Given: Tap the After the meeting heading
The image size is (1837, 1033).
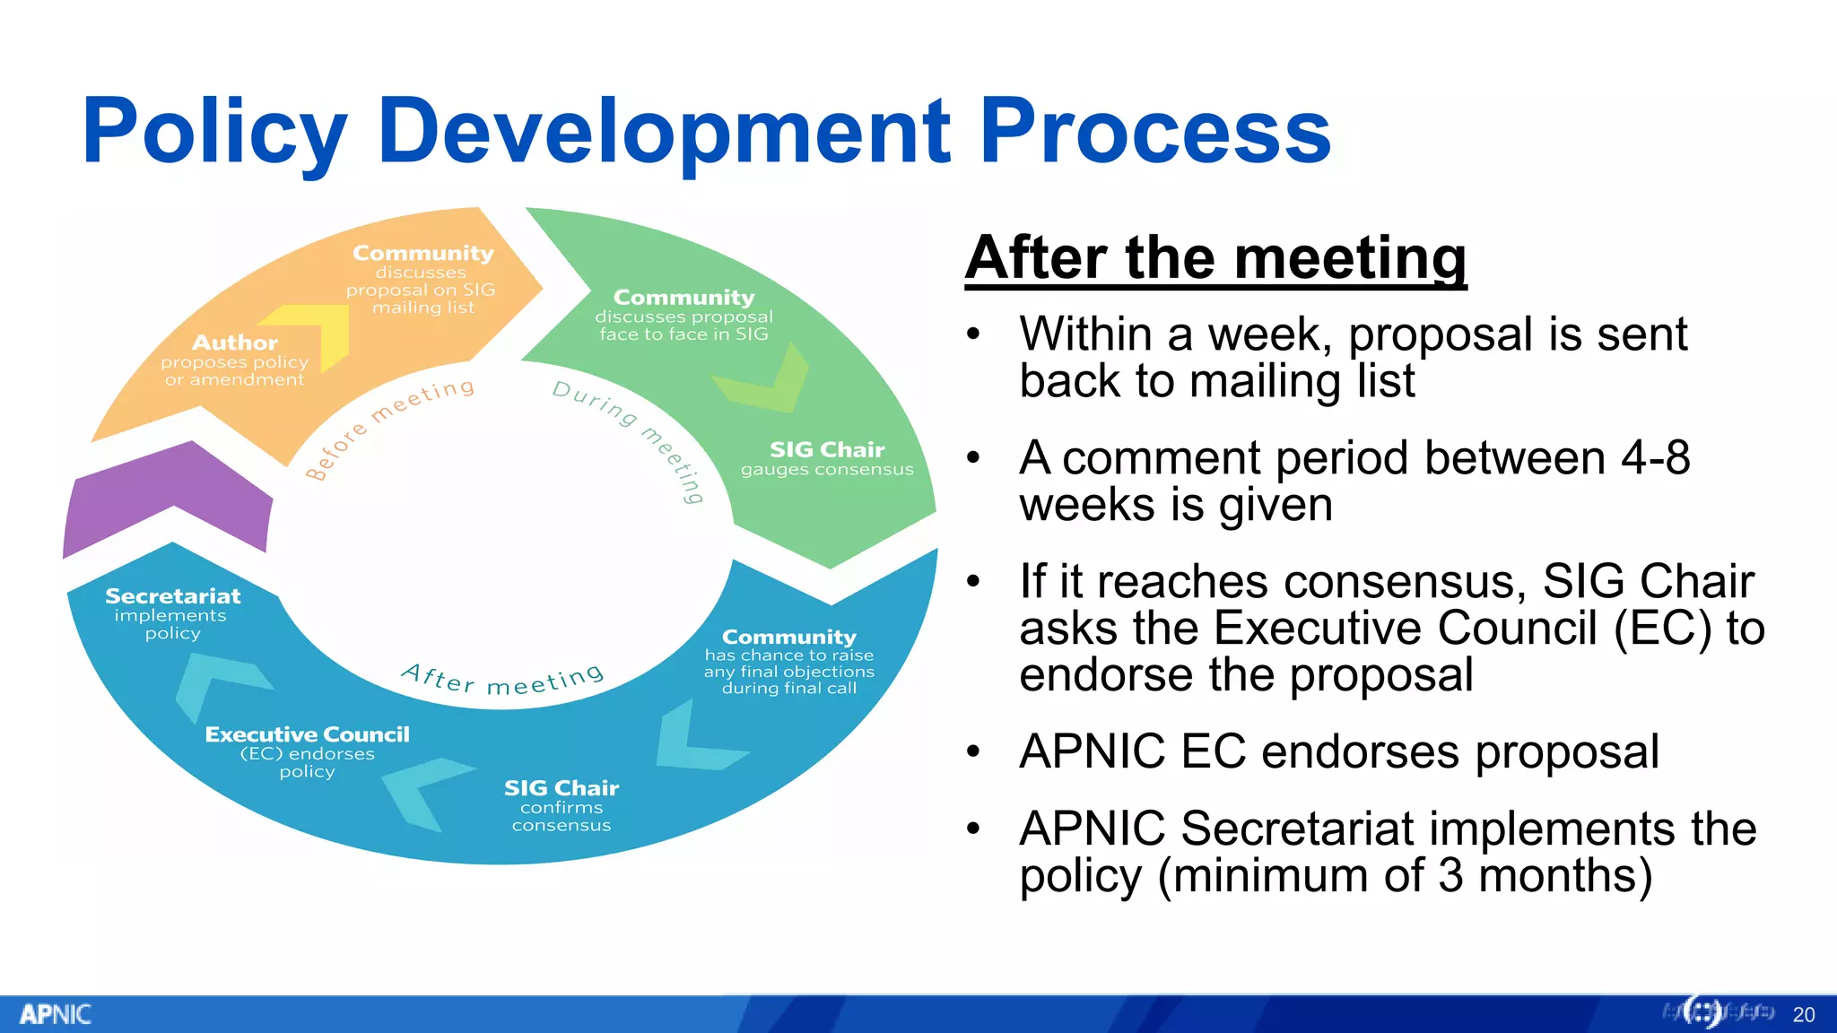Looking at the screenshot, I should click(x=1215, y=259).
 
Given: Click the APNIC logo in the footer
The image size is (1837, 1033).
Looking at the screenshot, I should click(x=56, y=1014).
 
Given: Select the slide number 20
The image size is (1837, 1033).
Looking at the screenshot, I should click(x=1803, y=1015).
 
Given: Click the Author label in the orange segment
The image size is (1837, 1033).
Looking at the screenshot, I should click(x=235, y=343).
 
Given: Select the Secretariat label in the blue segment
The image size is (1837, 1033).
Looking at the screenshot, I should click(x=173, y=597).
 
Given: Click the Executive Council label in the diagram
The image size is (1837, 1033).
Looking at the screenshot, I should click(x=307, y=735).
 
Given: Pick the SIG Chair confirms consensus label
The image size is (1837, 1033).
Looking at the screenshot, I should click(x=562, y=789).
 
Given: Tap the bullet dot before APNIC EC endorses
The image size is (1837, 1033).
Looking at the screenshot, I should click(x=974, y=751).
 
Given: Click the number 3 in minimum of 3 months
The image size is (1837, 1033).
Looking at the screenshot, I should click(x=1450, y=875).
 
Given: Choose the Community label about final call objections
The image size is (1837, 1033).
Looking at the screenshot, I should click(x=789, y=638).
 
